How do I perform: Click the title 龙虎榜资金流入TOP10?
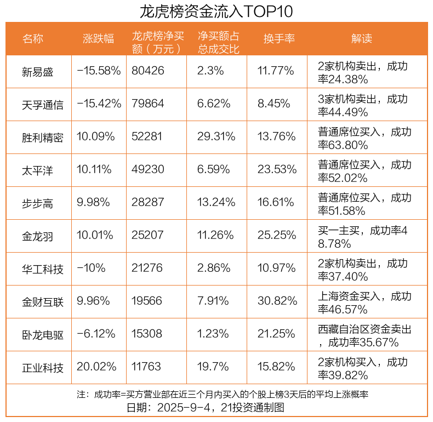tap(216, 11)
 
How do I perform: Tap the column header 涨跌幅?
tap(99, 39)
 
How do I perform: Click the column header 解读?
tap(362, 39)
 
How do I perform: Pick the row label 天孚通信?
tap(43, 104)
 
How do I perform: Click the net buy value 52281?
tap(147, 137)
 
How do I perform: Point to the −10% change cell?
tap(90, 269)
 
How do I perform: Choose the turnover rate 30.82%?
tap(277, 301)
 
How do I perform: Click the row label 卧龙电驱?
tap(43, 334)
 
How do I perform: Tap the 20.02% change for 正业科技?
tap(96, 367)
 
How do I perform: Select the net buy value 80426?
tap(147, 71)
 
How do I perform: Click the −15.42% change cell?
tap(99, 104)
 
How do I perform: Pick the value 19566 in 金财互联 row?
tap(147, 301)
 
